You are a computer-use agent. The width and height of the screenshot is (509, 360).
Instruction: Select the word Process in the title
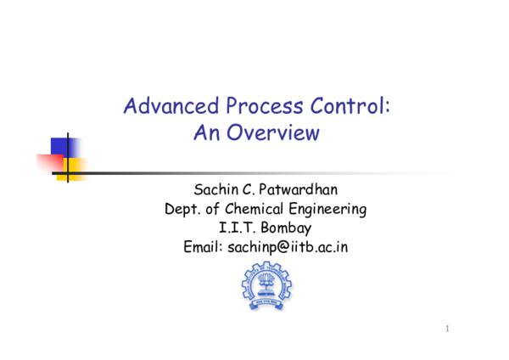coord(248,108)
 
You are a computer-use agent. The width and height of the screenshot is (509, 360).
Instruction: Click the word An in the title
coord(206,133)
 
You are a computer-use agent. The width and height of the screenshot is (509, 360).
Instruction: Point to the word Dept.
coord(183,209)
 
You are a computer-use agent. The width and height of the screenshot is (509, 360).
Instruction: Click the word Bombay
coord(283,228)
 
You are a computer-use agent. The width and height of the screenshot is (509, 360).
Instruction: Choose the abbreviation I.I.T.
coord(237,228)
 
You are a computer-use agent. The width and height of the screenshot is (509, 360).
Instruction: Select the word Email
coord(203,248)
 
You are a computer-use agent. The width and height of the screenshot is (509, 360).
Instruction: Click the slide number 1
coord(448,329)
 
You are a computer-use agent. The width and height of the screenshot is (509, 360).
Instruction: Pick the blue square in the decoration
coord(62,146)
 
